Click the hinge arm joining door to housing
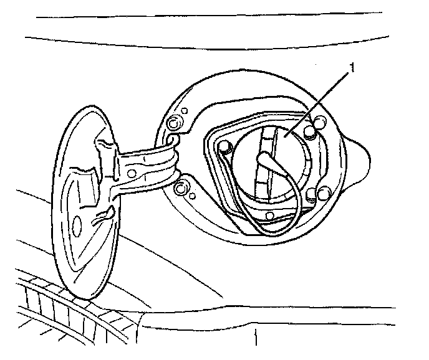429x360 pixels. [147, 165]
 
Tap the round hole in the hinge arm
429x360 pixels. [133, 170]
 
